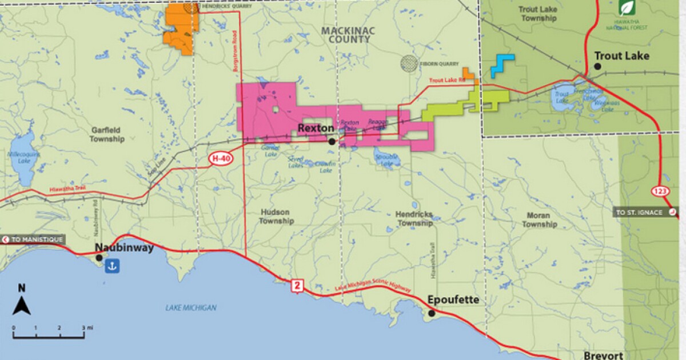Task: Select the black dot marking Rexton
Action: coord(332,141)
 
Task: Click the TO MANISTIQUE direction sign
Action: coord(33,239)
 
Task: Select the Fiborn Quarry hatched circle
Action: coord(409,62)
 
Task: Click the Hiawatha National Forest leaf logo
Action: coord(626,7)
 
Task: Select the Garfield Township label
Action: coord(107,134)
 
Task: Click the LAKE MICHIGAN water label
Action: coord(191,308)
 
